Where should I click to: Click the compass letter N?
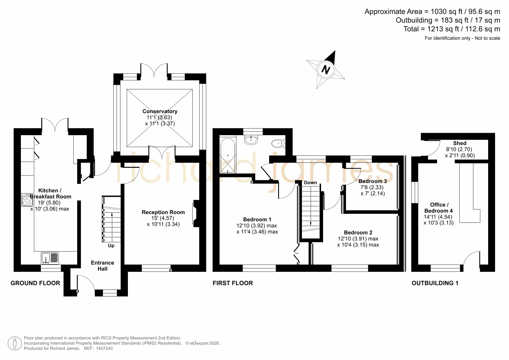coord(326,70)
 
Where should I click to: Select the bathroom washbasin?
coord(251,140)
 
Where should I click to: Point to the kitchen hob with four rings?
coord(27,200)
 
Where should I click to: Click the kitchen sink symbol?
coord(50,258)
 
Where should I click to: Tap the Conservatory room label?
coord(160,111)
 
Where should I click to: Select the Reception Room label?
coord(163,212)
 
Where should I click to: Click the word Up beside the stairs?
coord(111,246)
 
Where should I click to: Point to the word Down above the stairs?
coord(310,182)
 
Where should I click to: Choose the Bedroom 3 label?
coord(373,181)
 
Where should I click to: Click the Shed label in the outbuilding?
coord(460,143)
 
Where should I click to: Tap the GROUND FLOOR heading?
coord(35,283)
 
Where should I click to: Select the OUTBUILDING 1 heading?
coord(435,283)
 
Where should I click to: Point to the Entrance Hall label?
coord(102,266)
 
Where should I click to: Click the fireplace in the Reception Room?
coord(196,214)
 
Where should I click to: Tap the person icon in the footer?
coord(15,343)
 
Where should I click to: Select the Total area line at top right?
coord(452,29)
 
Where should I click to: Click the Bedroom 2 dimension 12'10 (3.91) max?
coord(358,239)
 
